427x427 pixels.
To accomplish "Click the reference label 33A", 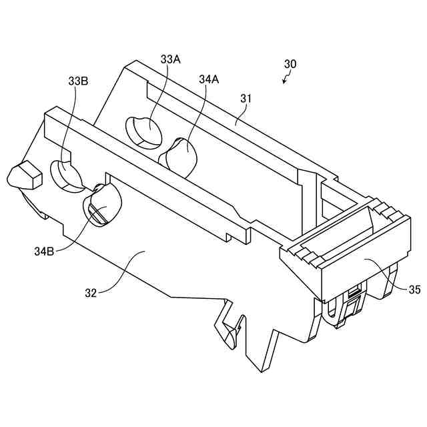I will pos(171,59).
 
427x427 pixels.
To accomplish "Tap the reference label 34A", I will pos(209,79).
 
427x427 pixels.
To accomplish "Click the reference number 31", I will pos(246,99).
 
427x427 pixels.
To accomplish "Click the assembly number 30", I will pos(290,65).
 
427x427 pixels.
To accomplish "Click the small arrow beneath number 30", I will pos(286,79).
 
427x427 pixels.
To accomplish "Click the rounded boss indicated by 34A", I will pos(180,155).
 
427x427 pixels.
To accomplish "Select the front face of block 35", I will pos(360,272).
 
